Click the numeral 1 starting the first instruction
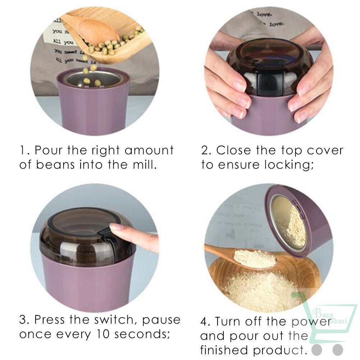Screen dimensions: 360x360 pyautogui.click(x=22, y=150)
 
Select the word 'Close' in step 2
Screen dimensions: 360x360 pyautogui.click(x=233, y=150)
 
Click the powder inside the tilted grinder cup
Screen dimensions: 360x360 pyautogui.click(x=288, y=223)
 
